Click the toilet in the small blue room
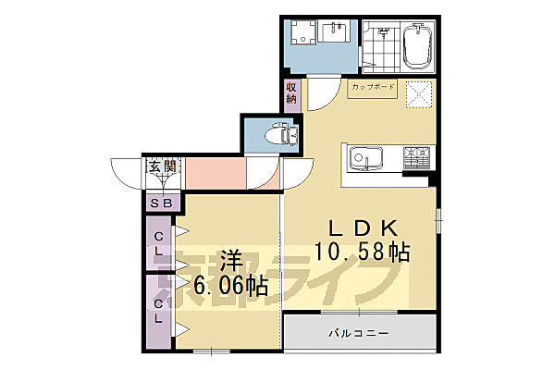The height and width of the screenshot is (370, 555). pyautogui.click(x=277, y=136)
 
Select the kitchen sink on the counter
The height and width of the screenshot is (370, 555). pyautogui.click(x=364, y=159)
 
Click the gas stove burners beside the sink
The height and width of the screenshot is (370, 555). pyautogui.click(x=417, y=158)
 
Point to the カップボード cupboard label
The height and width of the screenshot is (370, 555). pyautogui.click(x=372, y=88)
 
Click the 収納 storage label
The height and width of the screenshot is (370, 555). pyautogui.click(x=291, y=93)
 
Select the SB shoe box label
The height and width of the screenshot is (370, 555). pyautogui.click(x=161, y=203)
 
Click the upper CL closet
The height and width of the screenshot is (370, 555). pyautogui.click(x=159, y=244)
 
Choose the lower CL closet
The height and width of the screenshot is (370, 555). pyautogui.click(x=159, y=311)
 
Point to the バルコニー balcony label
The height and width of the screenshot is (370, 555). pyautogui.click(x=357, y=332)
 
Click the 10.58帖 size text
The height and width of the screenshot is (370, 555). pyautogui.click(x=361, y=251)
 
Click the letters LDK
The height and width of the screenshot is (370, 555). pyautogui.click(x=360, y=227)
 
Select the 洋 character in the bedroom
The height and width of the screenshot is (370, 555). pyautogui.click(x=230, y=260)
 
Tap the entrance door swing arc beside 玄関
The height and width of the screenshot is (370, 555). pyautogui.click(x=125, y=174)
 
